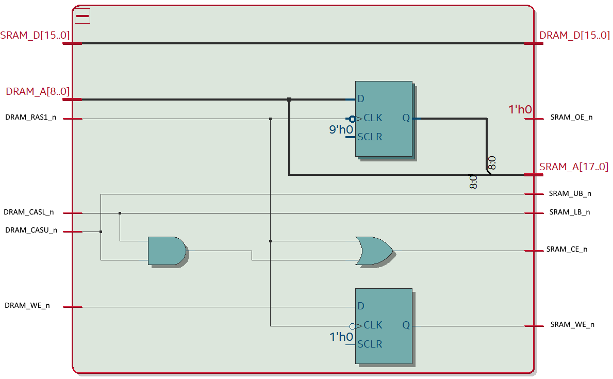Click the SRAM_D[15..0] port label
35,35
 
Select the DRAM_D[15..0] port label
574,35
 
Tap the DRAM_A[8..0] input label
38,91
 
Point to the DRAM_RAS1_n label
30,118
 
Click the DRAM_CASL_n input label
28,212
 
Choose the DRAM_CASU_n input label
31,230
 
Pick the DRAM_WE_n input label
27,305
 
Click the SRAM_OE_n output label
571,118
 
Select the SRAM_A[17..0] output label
573,167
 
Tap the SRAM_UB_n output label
570,193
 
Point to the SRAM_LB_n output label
569,212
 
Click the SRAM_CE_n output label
567,250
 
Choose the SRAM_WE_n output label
572,325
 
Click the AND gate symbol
167,251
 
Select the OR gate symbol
374,251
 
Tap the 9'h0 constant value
341,129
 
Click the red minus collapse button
82,16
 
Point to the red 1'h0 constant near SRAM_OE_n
520,109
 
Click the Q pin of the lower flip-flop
406,325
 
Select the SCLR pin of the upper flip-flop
370,137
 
